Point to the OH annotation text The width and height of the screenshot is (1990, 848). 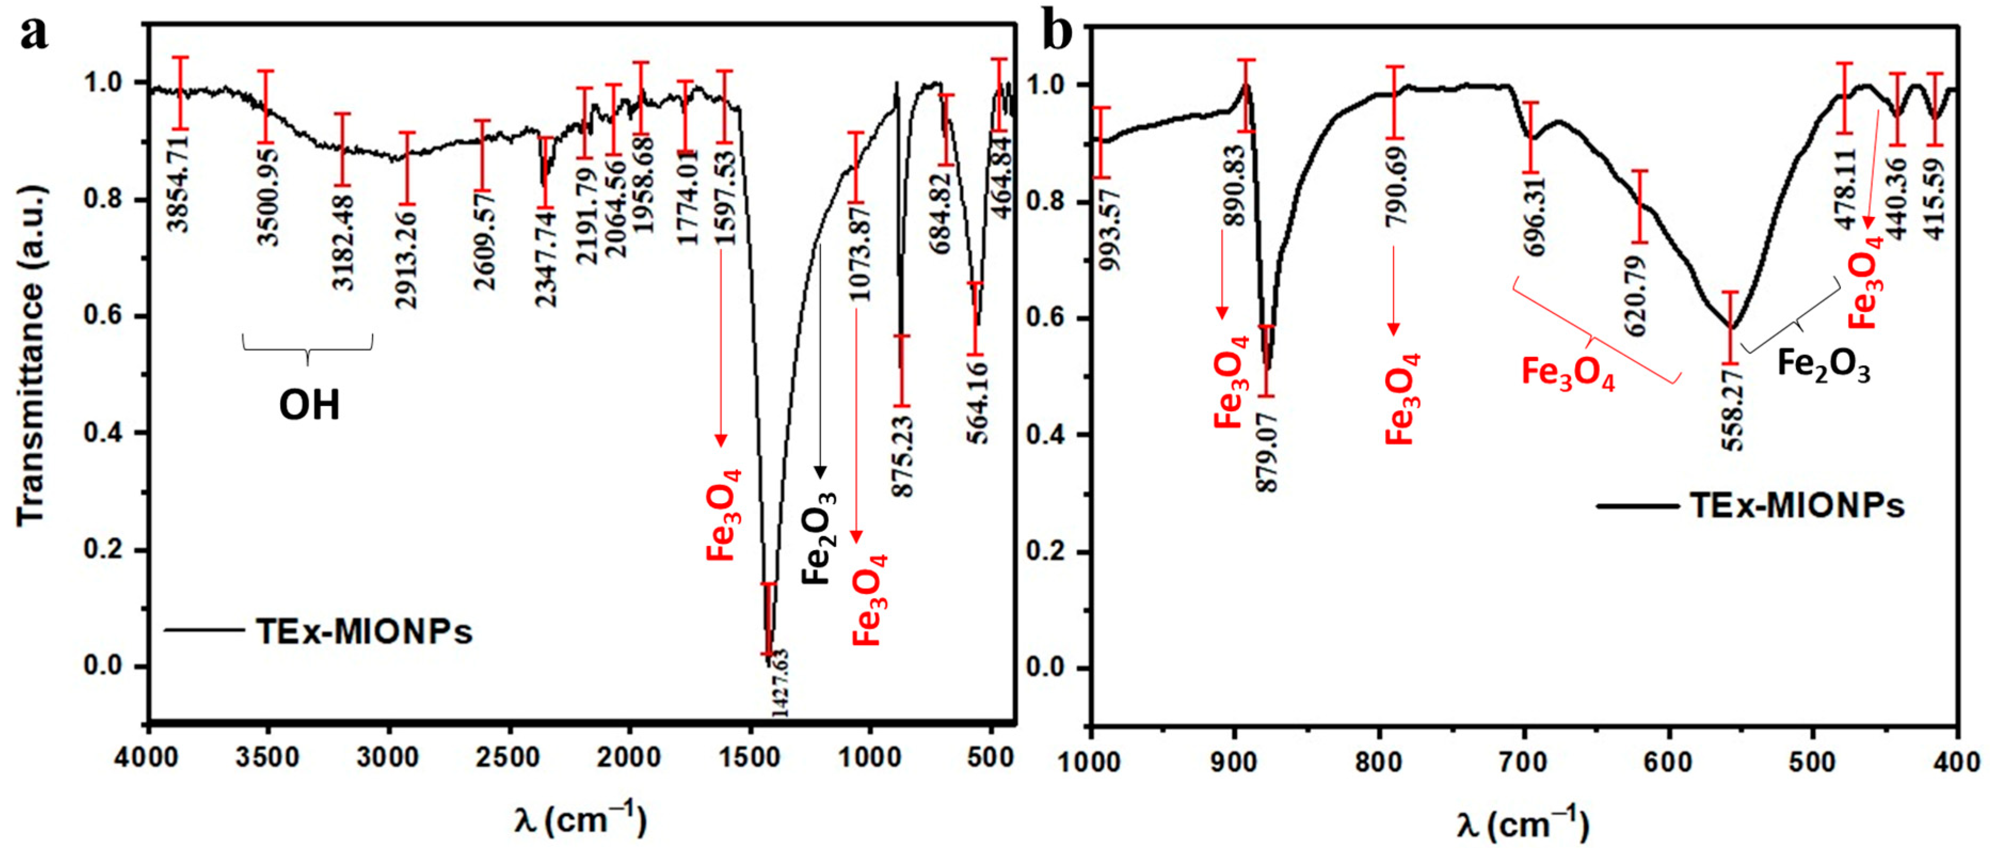pos(309,405)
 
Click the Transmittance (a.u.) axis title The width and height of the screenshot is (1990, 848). pos(31,356)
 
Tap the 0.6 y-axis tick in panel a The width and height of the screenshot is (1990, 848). pos(103,317)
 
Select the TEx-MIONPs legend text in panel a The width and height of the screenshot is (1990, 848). pos(363,632)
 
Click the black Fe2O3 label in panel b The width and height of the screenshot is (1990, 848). pos(1823,365)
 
